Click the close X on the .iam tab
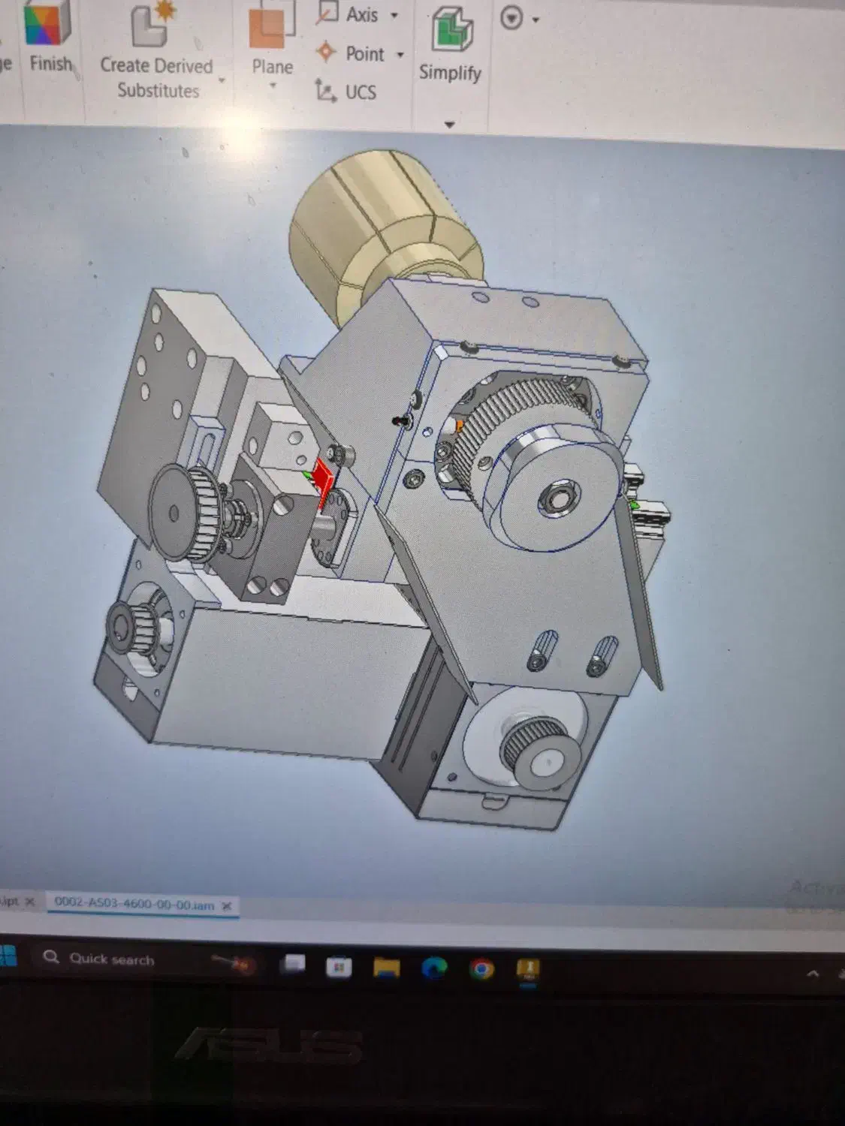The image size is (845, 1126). [x=227, y=906]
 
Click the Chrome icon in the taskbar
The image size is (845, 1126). [x=481, y=969]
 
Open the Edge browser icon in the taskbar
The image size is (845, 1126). [x=434, y=968]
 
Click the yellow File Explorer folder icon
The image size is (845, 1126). [x=386, y=968]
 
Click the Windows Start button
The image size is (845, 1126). [x=8, y=956]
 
